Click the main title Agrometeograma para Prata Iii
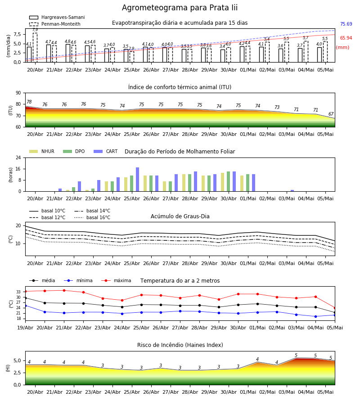pos(180,8)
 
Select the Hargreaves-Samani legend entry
pos(57,17)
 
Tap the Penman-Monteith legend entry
pos(55,24)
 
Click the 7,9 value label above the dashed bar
pos(35,30)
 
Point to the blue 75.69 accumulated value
pos(346,24)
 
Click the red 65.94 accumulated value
pos(346,38)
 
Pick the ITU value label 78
pos(29,102)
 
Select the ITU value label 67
pos(331,114)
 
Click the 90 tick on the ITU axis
pos(18,93)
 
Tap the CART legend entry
pos(106,151)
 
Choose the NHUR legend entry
pos(42,151)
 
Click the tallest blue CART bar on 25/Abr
pos(138,180)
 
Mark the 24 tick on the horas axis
pos(18,157)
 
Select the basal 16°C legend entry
pos(92,217)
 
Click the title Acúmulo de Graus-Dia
pos(180,216)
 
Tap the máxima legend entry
pos(117,280)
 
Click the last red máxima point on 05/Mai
pos(335,308)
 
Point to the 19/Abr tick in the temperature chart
pos(25,328)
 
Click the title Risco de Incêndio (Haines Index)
pos(180,345)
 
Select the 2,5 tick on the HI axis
pos(18,373)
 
